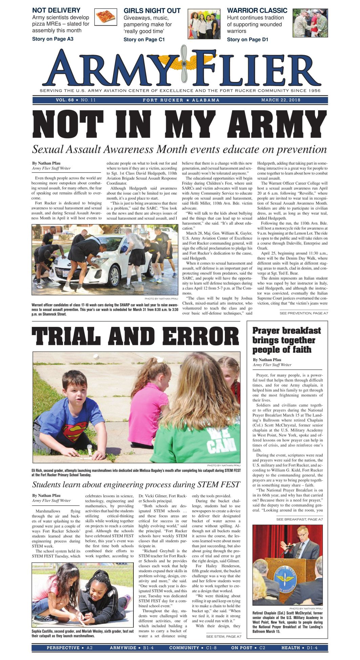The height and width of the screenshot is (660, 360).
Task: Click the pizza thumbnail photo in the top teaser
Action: [105, 17]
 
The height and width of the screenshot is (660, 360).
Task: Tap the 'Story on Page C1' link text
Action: [144, 39]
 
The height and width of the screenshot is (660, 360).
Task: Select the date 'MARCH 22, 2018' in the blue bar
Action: [280, 100]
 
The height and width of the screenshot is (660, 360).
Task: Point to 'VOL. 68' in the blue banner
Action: [65, 100]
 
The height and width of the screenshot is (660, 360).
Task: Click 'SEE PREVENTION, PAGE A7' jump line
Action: [303, 313]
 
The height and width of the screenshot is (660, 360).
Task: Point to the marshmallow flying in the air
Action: [96, 357]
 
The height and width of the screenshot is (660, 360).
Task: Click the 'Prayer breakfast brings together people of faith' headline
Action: [287, 340]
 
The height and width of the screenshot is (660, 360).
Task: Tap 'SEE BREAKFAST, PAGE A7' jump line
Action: [299, 519]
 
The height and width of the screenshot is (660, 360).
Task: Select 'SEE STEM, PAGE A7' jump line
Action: [224, 636]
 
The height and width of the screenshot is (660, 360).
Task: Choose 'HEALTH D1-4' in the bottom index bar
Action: [299, 647]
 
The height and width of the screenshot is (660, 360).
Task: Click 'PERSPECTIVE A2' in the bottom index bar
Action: [69, 647]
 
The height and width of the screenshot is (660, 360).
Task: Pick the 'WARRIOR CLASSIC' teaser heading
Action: [257, 11]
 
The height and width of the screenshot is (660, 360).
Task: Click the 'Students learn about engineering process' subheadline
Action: [136, 484]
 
